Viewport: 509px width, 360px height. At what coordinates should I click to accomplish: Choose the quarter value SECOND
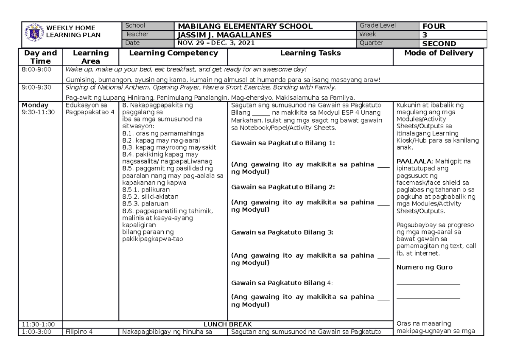coord(439,43)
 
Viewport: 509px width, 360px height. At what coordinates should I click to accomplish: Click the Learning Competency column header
coord(173,53)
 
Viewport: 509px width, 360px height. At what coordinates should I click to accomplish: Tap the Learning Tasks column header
coord(310,53)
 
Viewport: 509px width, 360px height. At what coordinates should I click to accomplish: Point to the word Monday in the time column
coord(35,105)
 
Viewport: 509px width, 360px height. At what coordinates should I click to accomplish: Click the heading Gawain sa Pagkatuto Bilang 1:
coord(283,143)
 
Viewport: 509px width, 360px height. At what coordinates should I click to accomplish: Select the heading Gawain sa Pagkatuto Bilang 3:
coord(282,232)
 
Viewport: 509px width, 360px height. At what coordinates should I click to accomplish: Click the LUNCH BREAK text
coord(228,324)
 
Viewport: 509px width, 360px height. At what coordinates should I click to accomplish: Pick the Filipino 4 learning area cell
coord(79,332)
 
